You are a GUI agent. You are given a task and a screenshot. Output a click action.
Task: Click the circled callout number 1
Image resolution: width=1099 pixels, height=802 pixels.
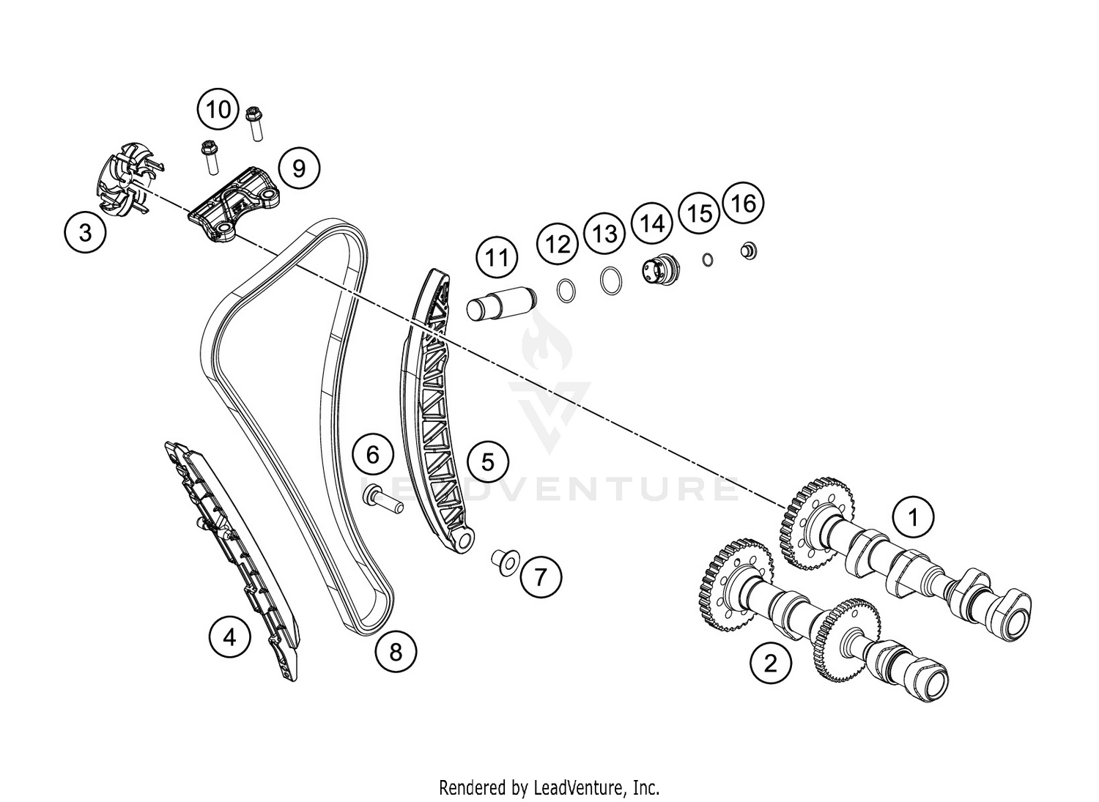(914, 518)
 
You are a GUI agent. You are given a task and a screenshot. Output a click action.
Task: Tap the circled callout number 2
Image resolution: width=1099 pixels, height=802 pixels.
(771, 664)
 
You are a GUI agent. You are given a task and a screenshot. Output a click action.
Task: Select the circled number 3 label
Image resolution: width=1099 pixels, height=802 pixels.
(86, 232)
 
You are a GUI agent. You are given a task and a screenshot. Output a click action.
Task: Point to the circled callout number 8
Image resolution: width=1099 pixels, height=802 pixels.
(396, 653)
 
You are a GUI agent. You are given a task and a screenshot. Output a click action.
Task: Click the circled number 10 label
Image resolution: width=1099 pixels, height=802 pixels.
(218, 109)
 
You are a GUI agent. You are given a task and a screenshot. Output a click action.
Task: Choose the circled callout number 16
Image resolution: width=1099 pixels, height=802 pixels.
(744, 203)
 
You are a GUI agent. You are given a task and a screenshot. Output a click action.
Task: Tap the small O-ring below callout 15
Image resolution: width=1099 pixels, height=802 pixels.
(706, 260)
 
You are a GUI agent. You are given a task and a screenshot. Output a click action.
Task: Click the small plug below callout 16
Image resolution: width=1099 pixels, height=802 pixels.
(749, 250)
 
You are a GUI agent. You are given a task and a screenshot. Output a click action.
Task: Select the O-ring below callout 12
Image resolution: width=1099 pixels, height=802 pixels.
(566, 290)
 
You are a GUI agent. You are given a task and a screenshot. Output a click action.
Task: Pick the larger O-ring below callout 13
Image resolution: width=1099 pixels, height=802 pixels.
(611, 281)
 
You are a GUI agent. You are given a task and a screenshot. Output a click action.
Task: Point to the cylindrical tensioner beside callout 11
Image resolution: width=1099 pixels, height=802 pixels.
(501, 304)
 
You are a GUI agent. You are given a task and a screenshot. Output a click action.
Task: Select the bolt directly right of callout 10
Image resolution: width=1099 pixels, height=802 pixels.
(254, 123)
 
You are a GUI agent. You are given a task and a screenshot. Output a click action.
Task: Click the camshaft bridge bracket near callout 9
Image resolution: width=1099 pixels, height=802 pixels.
(233, 202)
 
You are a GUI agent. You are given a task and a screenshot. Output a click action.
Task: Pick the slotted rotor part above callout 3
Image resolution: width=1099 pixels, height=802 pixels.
(127, 179)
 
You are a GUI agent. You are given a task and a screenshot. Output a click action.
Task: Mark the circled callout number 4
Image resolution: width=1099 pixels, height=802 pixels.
(229, 638)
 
